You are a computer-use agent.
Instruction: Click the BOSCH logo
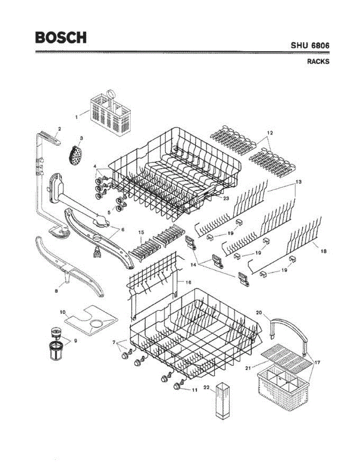pos(61,37)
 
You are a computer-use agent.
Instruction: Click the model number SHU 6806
pos(310,45)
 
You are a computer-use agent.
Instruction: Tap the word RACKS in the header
pos(318,61)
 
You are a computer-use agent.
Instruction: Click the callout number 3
pos(81,138)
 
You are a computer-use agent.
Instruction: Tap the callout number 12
pos(270,133)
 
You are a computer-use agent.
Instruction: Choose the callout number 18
pos(323,252)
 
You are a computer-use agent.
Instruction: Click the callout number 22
pos(207,388)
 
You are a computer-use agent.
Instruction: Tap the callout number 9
pos(75,341)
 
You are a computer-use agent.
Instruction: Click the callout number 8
pos(56,290)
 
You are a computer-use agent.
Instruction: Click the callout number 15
pos(141,232)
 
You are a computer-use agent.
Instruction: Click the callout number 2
pos(59,128)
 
